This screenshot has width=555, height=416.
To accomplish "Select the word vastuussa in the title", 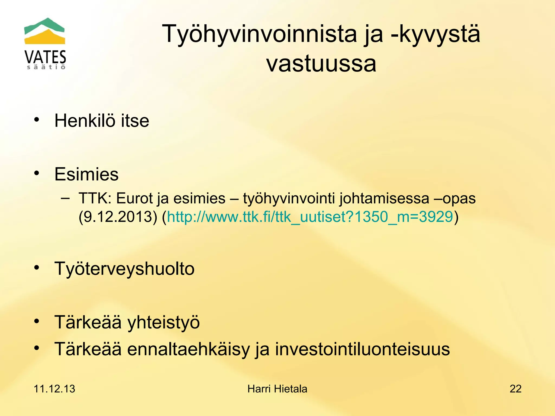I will (321, 64).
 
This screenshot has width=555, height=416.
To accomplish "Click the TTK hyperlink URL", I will (310, 217).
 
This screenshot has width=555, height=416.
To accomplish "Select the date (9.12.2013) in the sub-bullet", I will (118, 217).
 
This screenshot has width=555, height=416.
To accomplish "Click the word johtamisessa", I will (384, 199).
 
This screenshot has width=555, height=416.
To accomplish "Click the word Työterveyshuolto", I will (124, 269).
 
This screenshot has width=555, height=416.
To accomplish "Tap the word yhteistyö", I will (163, 322).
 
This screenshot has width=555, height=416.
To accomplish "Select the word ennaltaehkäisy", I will (188, 349).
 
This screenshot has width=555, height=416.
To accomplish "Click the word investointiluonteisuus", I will (362, 349).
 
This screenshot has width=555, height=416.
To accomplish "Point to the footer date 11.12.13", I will (54, 389).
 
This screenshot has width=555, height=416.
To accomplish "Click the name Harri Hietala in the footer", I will (277, 389).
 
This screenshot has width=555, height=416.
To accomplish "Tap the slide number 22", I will (515, 389).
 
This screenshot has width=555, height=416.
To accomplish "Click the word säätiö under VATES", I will (46, 67).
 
